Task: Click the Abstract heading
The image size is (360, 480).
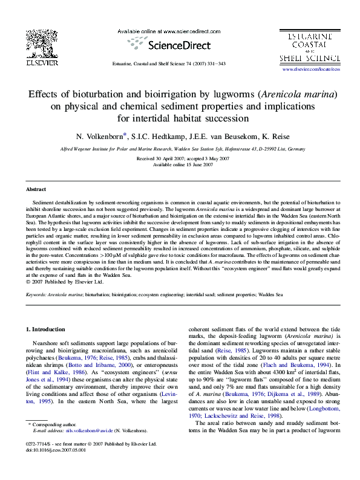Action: point(36,189)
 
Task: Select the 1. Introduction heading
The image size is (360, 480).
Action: point(48,329)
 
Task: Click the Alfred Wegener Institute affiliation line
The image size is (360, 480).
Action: point(179,148)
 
